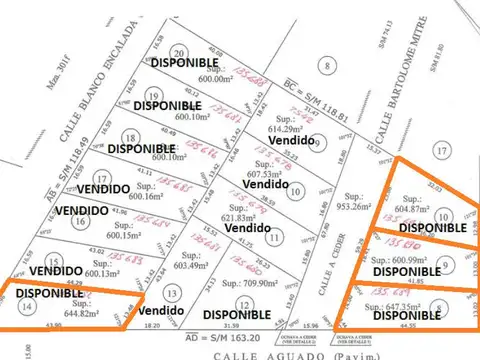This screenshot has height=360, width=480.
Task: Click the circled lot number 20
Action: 179,53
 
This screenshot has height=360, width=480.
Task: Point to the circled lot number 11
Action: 273,237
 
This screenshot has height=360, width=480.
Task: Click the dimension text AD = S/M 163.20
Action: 189,335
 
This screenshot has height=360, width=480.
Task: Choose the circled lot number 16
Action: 80,221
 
